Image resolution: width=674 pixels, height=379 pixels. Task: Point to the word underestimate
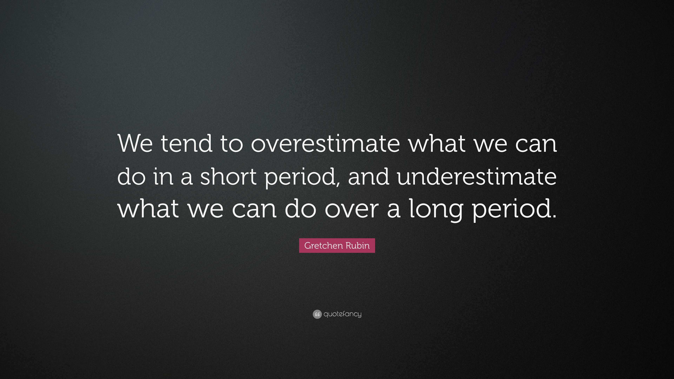(477, 177)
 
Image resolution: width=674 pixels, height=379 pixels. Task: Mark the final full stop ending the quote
(554, 216)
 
